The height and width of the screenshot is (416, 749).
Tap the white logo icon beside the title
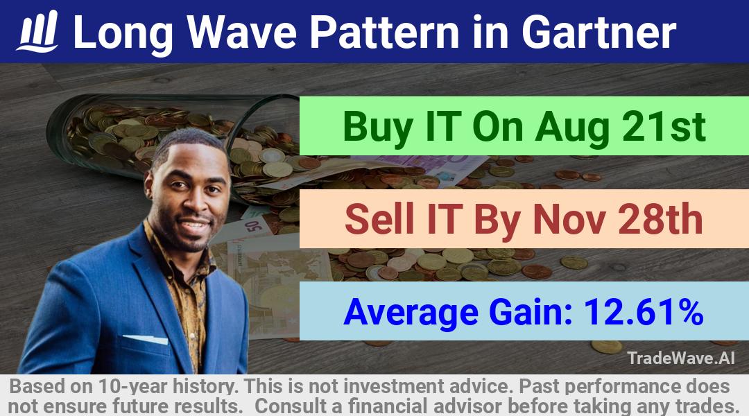[37, 31]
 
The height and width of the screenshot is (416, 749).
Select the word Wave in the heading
[241, 32]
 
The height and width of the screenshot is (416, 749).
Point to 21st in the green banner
[664, 127]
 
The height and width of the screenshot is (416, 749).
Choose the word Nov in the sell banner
[569, 220]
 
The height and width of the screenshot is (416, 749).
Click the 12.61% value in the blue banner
[644, 312]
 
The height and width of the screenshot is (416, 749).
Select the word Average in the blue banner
[411, 313]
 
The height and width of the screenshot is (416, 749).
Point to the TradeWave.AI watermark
[681, 358]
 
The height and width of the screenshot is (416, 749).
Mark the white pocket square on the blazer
[145, 339]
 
